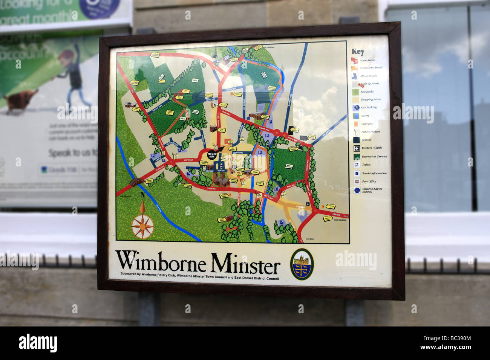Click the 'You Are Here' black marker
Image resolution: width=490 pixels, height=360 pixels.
coord(212,155)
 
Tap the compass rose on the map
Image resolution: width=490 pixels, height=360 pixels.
coord(142,226)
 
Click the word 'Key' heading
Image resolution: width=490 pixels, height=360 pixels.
coord(358,52)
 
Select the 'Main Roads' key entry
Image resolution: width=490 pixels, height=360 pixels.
coord(367,60)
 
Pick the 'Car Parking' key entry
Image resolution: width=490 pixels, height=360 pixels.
coord(369,108)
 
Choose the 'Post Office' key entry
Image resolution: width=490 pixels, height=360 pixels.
coord(369,182)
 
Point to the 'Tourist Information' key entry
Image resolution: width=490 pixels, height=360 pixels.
coord(374,174)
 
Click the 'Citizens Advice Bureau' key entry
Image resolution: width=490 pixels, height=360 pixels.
coord(371,190)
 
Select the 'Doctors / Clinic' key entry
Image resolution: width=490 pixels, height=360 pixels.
coord(371,148)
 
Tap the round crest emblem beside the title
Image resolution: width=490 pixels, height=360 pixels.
coord(302,264)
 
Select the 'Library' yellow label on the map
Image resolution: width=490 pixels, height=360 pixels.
coord(255,172)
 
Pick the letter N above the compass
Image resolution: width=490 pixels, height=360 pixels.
coord(142,195)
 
